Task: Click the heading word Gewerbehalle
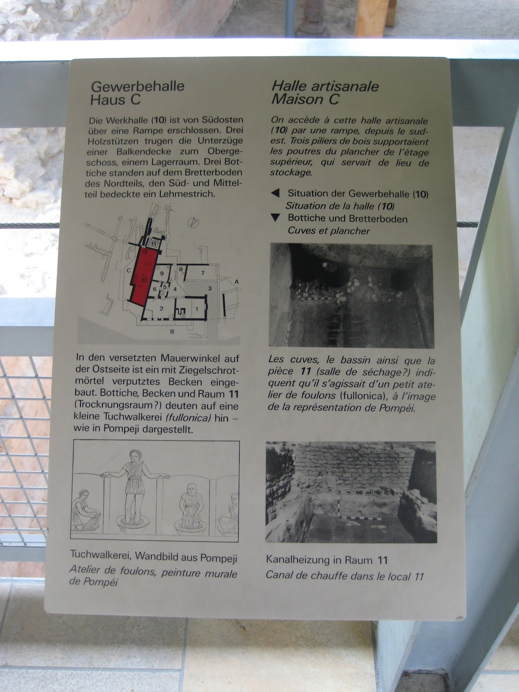[x=138, y=86]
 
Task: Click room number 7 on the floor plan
[x=203, y=273]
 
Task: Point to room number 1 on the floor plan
[x=197, y=309]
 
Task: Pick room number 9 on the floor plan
[x=162, y=273]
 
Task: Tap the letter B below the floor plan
[x=172, y=331]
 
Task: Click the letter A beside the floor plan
[x=237, y=282]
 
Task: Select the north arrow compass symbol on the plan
[x=193, y=223]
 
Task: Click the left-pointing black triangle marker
[x=276, y=193]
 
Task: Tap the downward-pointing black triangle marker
[x=276, y=218]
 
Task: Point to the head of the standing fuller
[x=136, y=456]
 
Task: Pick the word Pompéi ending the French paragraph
[x=397, y=408]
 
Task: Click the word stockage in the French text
[x=291, y=173]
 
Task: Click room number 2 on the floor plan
[x=161, y=308]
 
